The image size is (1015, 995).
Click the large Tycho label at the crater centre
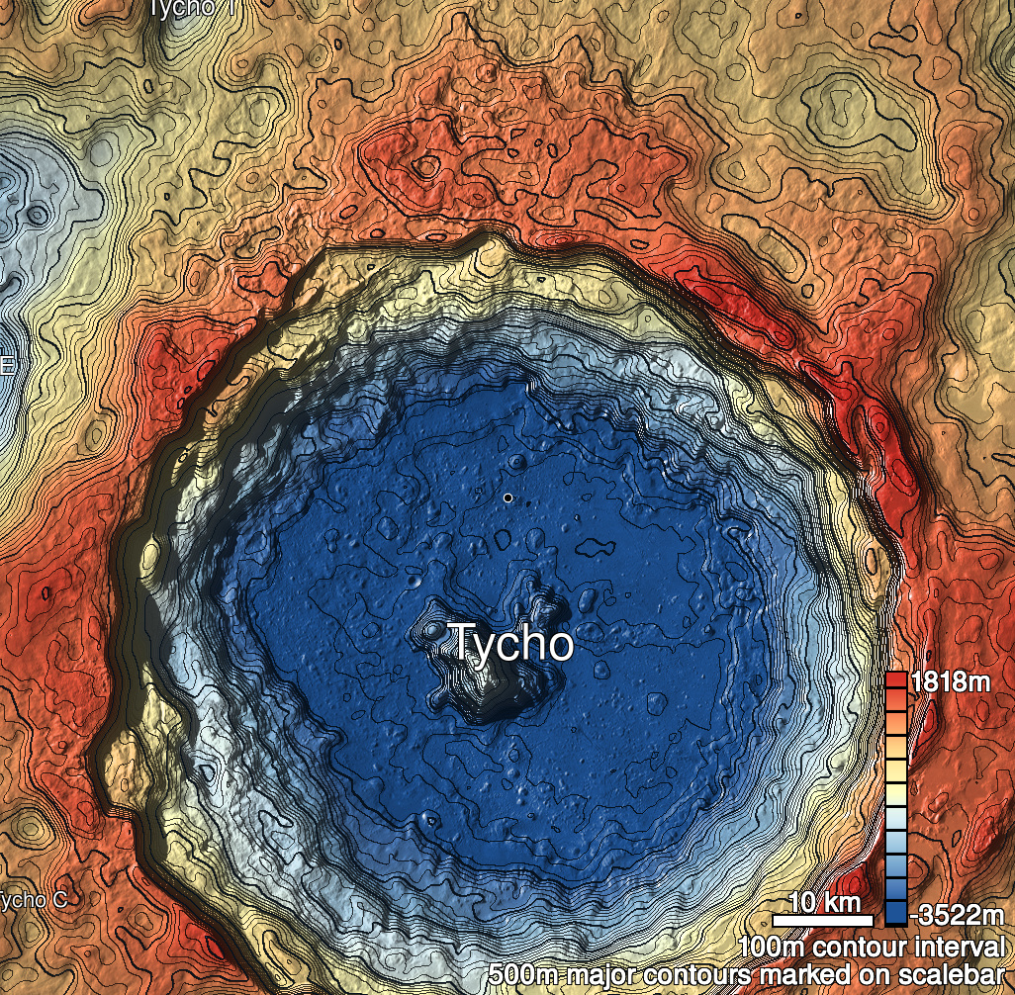click(511, 644)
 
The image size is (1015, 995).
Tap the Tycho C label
click(33, 900)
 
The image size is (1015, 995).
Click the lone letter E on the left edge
click(6, 365)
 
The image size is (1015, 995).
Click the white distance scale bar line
click(822, 921)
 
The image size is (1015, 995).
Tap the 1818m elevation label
click(950, 681)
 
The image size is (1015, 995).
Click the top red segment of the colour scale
click(895, 681)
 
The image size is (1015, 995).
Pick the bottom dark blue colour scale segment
click(895, 913)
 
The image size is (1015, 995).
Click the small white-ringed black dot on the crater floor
click(507, 497)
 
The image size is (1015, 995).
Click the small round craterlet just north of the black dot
click(518, 462)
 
